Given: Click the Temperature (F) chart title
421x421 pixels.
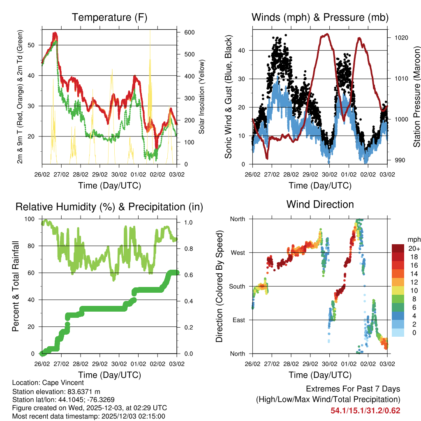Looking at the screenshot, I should coord(109,17).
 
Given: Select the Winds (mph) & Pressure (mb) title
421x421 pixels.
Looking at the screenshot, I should coord(320,17).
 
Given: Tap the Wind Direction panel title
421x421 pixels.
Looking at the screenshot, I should coord(320,204).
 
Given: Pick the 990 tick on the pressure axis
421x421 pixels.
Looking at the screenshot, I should coord(398,160).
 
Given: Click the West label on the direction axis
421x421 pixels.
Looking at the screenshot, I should coord(238,253).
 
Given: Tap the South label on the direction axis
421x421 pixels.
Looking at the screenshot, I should coord(237,286).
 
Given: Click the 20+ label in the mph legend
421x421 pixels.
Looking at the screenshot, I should coord(414,249).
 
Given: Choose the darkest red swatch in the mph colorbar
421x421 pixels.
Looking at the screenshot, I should coord(398,248).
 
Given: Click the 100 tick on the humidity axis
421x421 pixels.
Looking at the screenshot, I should coord(32,219).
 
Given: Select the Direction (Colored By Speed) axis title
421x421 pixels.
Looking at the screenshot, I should coord(219,286).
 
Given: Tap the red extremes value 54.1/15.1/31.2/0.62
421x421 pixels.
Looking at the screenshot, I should coord(365,410).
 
